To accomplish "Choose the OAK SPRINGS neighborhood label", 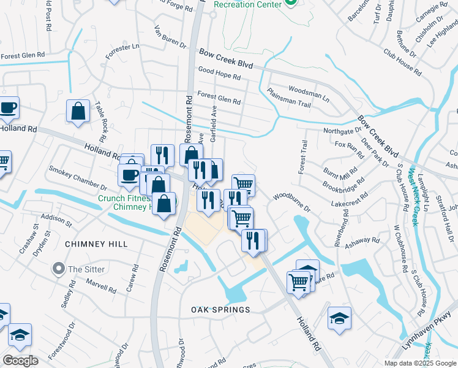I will (220, 310).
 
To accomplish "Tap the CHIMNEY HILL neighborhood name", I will (96, 244).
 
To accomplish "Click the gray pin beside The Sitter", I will (59, 268).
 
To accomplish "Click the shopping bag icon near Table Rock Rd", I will (78, 112).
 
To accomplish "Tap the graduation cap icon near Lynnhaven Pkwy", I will (339, 318).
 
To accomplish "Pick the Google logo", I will (20, 361).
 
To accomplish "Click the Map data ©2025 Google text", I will (419, 363).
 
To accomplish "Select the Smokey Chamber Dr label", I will (78, 177).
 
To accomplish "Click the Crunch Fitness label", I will (122, 198).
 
